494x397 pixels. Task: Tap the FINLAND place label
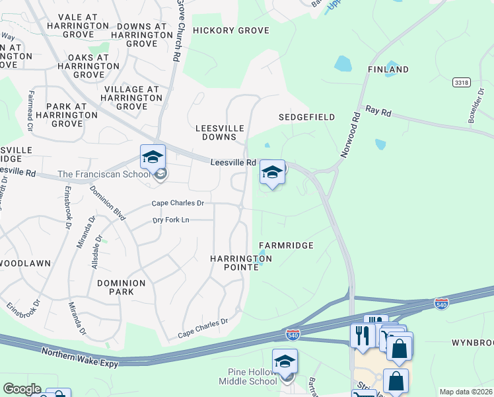[388, 69]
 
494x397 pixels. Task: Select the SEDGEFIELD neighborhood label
[306, 117]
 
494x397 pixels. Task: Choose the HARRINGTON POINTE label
[236, 263]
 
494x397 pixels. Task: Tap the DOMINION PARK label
[121, 287]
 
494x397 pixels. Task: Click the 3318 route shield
[462, 82]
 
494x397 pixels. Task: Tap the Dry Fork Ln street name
[171, 220]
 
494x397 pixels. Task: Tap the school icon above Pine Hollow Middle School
[285, 361]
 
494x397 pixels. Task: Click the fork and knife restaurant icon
[362, 334]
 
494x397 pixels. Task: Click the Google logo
[21, 389]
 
